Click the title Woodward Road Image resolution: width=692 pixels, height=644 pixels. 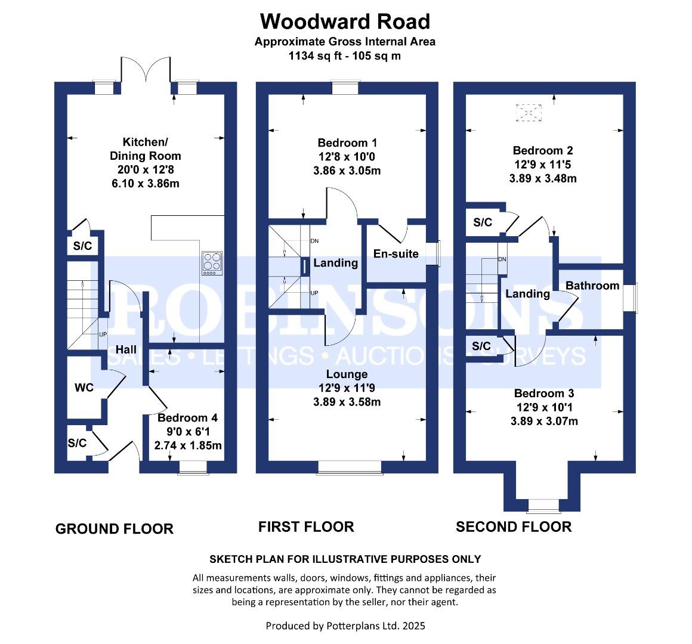click(345, 21)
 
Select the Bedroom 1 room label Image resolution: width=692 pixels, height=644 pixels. click(347, 143)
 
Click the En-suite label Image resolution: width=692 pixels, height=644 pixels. click(396, 254)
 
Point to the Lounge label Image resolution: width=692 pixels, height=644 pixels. click(347, 374)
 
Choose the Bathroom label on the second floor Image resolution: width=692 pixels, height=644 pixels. click(592, 286)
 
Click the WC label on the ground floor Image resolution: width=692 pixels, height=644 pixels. click(84, 388)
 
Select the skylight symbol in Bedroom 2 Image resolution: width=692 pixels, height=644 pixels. click(526, 113)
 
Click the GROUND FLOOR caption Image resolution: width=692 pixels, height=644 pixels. click(114, 529)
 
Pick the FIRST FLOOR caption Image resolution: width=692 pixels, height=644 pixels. click(306, 527)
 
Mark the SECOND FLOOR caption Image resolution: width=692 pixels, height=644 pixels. click(514, 527)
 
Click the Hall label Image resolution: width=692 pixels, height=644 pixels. click(126, 349)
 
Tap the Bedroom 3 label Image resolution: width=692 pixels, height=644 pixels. click(543, 394)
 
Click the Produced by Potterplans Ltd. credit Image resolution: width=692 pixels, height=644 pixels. click(345, 626)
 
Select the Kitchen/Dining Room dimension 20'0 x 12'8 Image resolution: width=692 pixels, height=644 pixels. click(145, 170)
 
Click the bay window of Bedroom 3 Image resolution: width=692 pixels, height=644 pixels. click(543, 506)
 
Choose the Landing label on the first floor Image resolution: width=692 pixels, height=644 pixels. click(335, 263)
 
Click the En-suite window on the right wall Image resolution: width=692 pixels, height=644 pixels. click(435, 254)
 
